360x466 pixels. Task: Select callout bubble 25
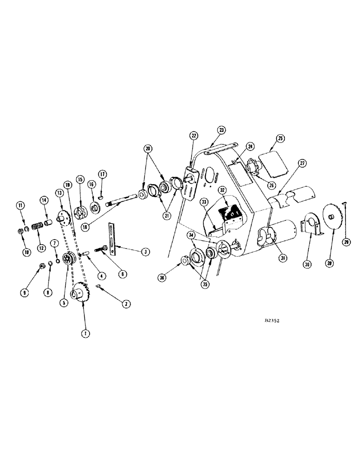[280, 138]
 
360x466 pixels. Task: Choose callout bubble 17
[103, 174]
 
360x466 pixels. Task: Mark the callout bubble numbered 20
[148, 149]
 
